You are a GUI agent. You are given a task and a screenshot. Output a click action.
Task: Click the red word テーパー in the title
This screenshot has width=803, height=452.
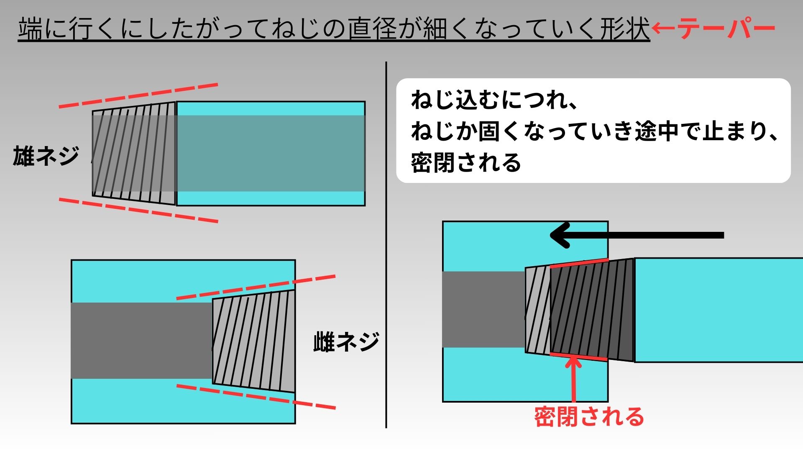(x=726, y=28)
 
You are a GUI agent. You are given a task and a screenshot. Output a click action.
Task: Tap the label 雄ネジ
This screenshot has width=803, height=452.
(x=46, y=156)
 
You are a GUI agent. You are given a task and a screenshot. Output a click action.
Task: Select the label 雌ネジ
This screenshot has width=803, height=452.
(x=346, y=342)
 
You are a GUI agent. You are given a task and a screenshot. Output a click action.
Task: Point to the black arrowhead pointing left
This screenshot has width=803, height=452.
(x=560, y=235)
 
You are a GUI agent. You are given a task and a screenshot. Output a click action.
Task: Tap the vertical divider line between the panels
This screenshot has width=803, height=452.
(x=386, y=245)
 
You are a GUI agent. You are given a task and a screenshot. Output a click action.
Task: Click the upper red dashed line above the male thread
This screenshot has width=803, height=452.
(x=138, y=95)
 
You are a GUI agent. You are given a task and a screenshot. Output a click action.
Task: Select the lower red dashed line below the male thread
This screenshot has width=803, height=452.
(x=138, y=210)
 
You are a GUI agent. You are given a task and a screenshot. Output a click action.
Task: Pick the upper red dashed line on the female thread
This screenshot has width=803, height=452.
(x=256, y=287)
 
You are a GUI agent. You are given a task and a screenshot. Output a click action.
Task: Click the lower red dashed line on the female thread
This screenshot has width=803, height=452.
(x=256, y=396)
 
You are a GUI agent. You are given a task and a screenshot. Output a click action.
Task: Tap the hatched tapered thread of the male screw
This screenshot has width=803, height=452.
(x=134, y=154)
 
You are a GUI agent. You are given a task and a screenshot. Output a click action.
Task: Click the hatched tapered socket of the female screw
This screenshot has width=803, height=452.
(x=254, y=341)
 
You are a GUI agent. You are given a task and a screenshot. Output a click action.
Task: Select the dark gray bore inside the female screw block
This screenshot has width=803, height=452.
(x=141, y=341)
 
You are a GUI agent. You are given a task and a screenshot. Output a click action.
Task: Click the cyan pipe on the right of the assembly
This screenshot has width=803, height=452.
(x=719, y=310)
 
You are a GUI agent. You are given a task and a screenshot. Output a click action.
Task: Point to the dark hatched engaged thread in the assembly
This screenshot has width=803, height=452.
(x=591, y=310)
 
